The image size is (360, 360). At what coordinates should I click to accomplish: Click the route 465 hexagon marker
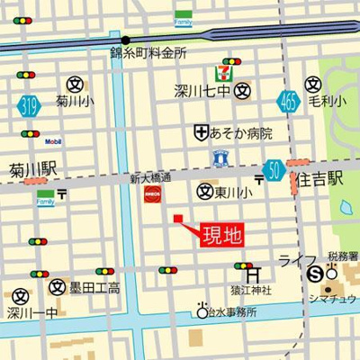288,101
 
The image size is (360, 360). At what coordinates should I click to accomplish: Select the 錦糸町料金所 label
148,54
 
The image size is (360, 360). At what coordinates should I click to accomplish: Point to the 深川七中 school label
203,90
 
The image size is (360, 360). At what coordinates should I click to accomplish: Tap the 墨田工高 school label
95,288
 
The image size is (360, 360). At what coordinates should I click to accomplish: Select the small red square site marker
177,218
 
